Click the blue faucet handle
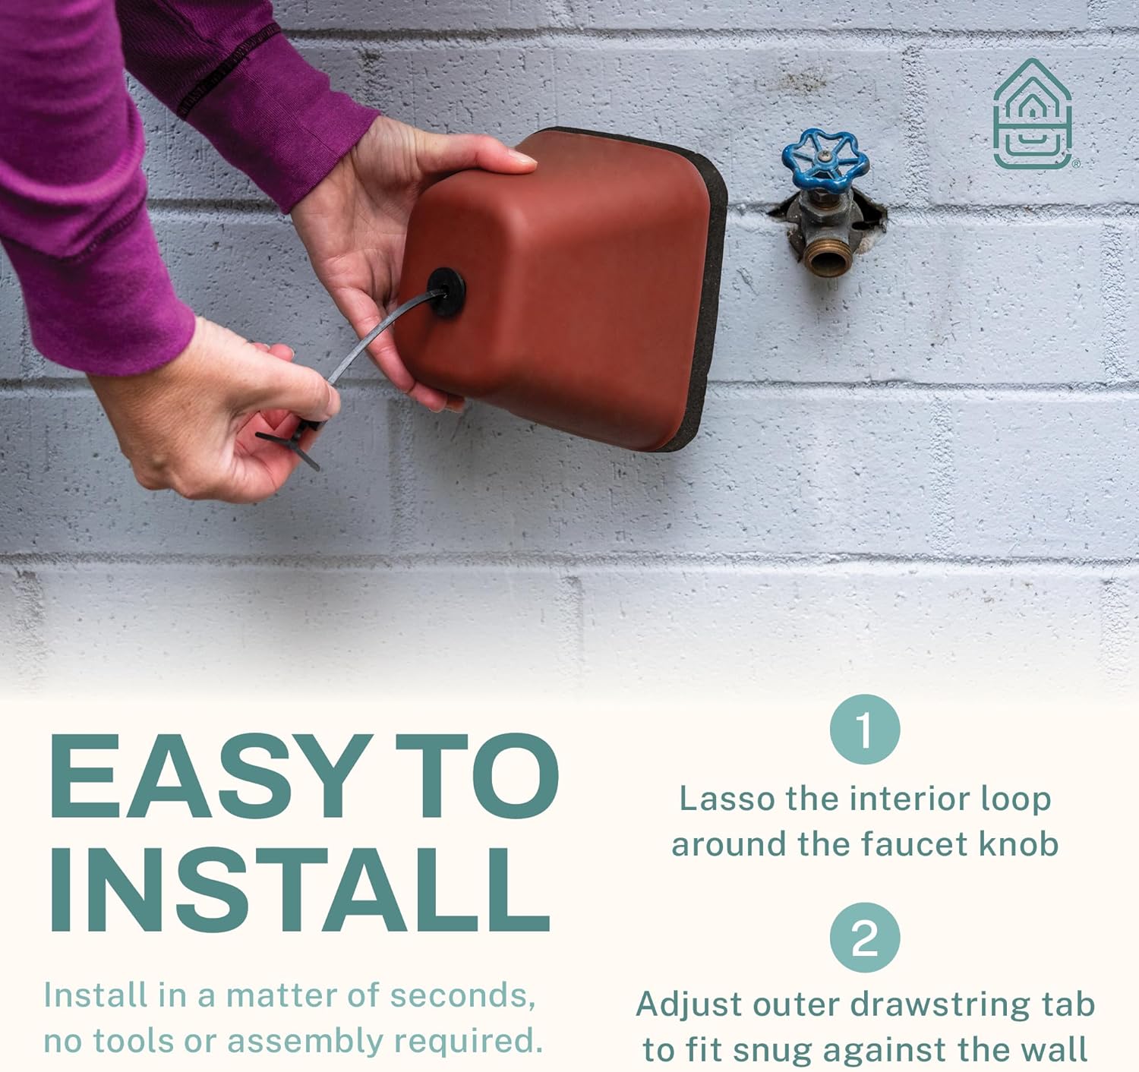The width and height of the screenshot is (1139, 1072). tap(825, 162)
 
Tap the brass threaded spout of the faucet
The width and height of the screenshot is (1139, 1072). tap(826, 257)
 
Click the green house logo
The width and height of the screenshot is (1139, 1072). tap(1032, 114)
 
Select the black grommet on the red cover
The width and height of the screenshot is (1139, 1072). tap(446, 292)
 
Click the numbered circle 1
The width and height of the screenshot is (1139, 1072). tap(865, 729)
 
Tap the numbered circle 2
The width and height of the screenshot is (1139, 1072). tap(865, 938)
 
